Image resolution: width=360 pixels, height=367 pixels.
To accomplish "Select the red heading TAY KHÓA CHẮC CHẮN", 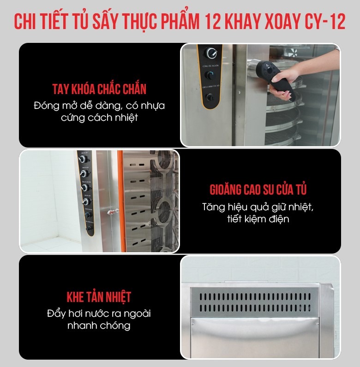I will coord(99,89).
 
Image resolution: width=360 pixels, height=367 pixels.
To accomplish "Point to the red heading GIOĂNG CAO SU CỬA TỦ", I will coord(258,189).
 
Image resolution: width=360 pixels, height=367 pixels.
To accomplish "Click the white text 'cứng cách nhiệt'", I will coord(99,118).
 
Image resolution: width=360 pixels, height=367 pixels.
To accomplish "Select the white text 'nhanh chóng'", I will coord(99,326).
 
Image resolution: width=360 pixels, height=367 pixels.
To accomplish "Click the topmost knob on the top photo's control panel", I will coord(211,52).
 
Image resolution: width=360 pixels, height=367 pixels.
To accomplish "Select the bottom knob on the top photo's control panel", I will coord(210,97).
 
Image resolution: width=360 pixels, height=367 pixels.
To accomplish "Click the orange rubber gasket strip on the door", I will coord(118,198).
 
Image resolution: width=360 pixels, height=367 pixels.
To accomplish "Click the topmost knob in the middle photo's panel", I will coord(84,159).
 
